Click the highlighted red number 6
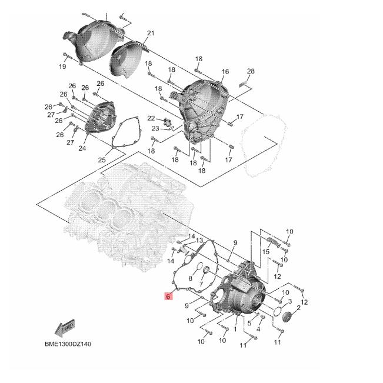[x=168, y=297]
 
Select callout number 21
[x=150, y=33]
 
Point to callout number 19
[x=62, y=66]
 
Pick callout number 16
[x=225, y=72]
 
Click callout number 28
[x=251, y=72]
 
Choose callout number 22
[x=151, y=118]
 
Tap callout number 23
[x=155, y=128]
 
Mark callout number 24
[x=82, y=148]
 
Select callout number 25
[x=101, y=159]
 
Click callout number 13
[x=199, y=241]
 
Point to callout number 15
[x=266, y=252]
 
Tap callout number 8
[x=190, y=278]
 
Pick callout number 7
[x=201, y=284]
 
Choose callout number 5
[x=249, y=322]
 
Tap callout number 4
[x=258, y=329]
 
